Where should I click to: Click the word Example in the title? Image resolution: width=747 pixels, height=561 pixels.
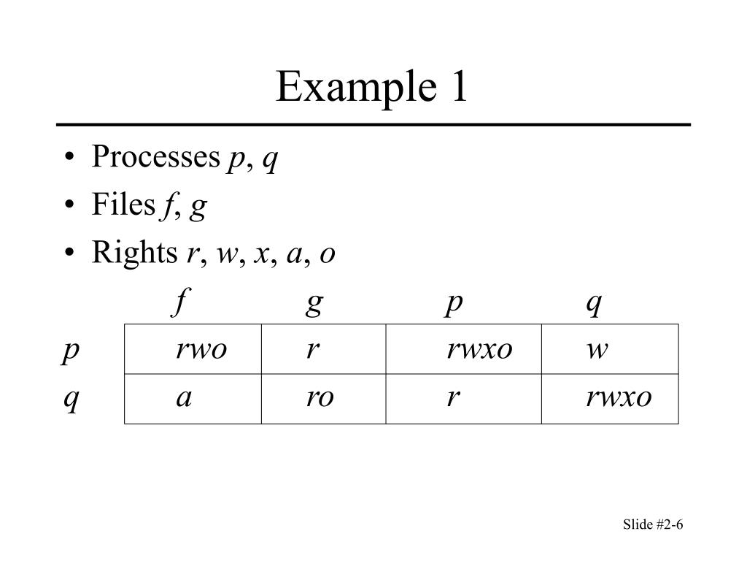tap(356, 88)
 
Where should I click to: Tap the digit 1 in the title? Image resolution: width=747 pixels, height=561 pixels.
tap(460, 86)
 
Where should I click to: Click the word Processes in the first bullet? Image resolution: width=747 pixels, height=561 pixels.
tap(156, 156)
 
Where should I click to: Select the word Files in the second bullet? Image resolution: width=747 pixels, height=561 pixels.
tap(123, 205)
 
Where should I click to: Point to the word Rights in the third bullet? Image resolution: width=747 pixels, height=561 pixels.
tap(134, 252)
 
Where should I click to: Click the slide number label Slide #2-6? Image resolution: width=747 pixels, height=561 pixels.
tap(653, 524)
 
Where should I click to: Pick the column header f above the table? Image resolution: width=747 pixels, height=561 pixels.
tap(181, 302)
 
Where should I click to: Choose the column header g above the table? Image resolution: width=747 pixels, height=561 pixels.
tap(314, 304)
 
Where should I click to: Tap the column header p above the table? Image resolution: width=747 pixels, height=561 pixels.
tap(454, 304)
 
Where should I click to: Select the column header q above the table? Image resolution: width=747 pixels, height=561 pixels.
tap(594, 304)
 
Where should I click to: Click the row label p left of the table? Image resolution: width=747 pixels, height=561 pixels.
tap(70, 351)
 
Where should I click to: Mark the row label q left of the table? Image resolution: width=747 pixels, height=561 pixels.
tap(71, 400)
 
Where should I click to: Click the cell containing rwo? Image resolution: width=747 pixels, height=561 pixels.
tap(193, 349)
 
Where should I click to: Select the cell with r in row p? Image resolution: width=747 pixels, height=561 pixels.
tap(324, 349)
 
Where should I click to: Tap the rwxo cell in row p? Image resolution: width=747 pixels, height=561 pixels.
tap(464, 349)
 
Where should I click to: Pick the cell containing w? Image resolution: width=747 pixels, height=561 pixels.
tap(611, 349)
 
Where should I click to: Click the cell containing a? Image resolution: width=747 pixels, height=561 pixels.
tap(193, 399)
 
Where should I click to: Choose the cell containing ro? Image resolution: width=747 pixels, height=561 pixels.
tap(324, 399)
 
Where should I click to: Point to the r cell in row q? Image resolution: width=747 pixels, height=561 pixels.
tap(464, 399)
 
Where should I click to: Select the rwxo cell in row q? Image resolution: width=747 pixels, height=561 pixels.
tap(611, 399)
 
